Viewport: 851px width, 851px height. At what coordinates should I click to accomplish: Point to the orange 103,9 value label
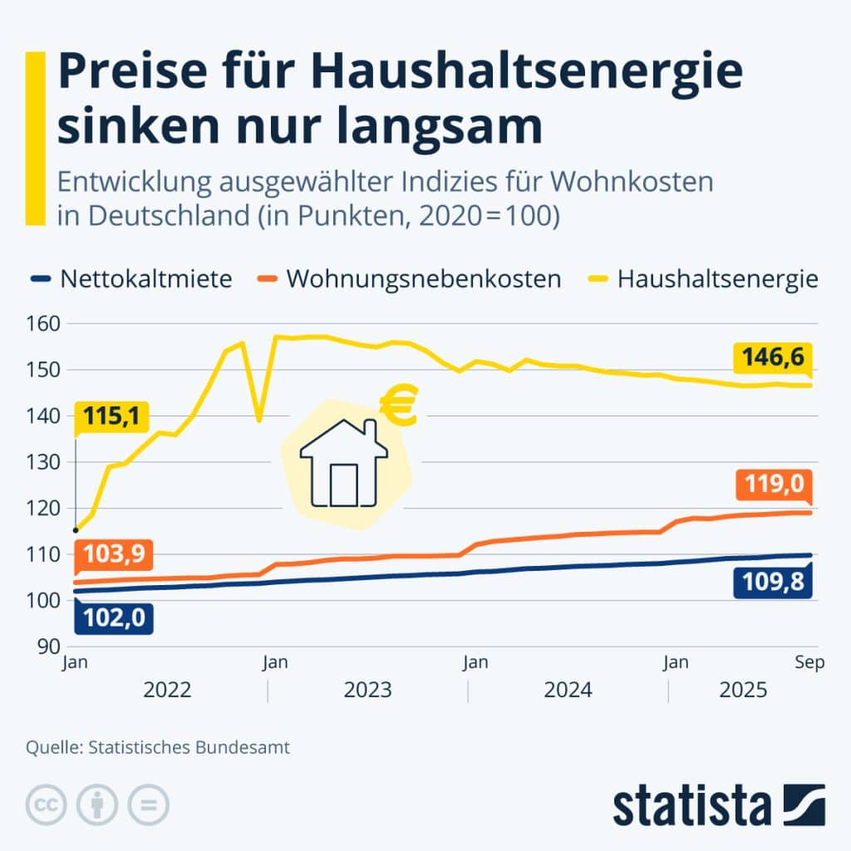click(112, 553)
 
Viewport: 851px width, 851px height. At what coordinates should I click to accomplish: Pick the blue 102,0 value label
click(111, 617)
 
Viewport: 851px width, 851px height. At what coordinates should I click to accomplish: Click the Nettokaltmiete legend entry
click(145, 278)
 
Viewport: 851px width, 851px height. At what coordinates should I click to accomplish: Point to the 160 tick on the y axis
click(47, 323)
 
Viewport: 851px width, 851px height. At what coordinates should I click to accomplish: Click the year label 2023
click(367, 690)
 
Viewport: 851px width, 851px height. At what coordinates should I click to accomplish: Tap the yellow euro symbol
click(399, 408)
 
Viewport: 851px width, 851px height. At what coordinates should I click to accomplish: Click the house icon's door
click(343, 485)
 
